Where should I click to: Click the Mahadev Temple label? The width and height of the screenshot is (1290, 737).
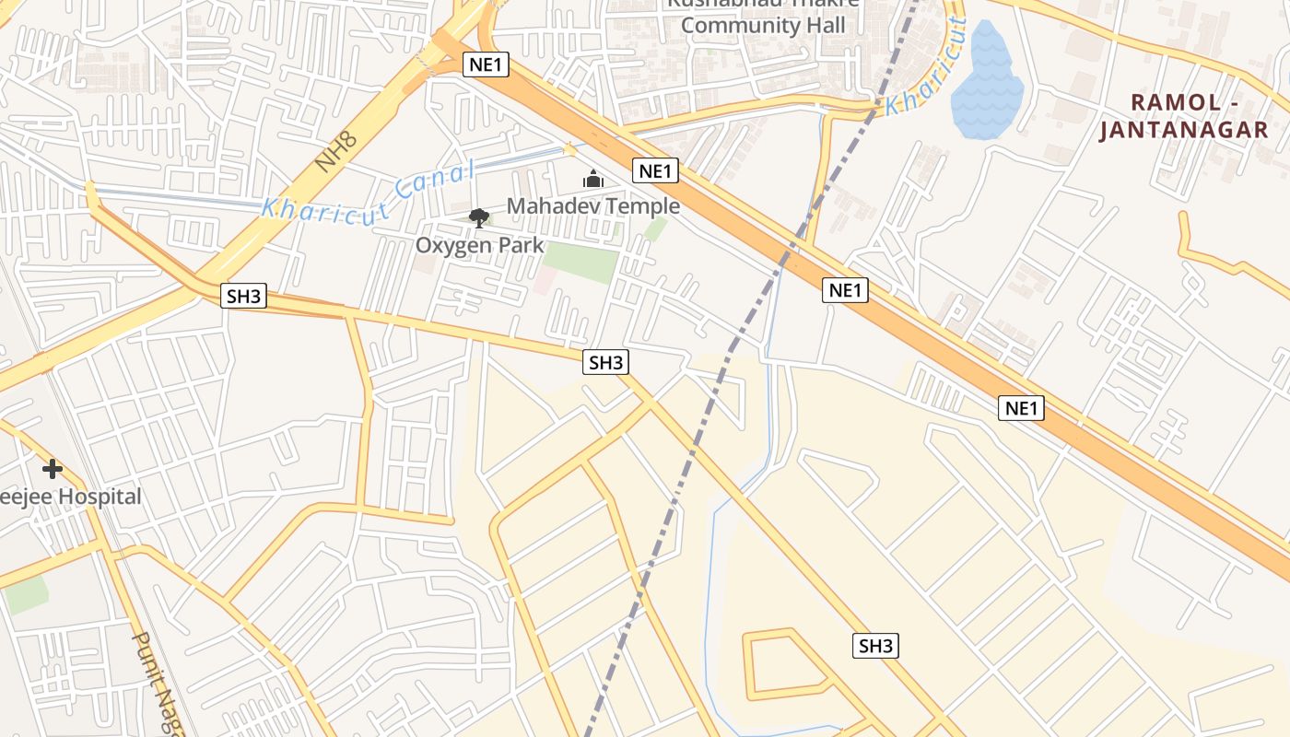pyautogui.click(x=593, y=206)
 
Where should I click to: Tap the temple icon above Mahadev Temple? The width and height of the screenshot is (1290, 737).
pyautogui.click(x=593, y=179)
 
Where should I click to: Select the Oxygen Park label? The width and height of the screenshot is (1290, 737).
pyautogui.click(x=479, y=246)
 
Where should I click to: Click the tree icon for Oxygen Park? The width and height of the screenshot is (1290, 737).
pyautogui.click(x=478, y=218)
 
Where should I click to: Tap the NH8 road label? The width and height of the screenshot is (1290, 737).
pyautogui.click(x=334, y=150)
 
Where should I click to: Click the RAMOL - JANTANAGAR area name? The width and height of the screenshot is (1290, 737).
pyautogui.click(x=1184, y=116)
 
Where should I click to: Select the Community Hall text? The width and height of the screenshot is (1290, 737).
pyautogui.click(x=762, y=26)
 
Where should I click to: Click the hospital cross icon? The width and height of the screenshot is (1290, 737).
pyautogui.click(x=53, y=469)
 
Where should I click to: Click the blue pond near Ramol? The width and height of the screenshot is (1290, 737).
pyautogui.click(x=985, y=83)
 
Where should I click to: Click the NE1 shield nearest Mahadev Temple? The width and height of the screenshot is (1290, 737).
pyautogui.click(x=655, y=170)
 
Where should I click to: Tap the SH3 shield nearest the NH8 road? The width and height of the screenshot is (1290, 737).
pyautogui.click(x=244, y=297)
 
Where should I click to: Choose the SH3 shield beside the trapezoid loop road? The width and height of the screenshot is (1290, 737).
pyautogui.click(x=875, y=646)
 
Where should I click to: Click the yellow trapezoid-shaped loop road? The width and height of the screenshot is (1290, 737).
pyautogui.click(x=748, y=663)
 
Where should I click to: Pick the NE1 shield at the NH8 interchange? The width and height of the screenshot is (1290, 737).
pyautogui.click(x=485, y=64)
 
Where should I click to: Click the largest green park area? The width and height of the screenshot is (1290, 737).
pyautogui.click(x=580, y=263)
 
